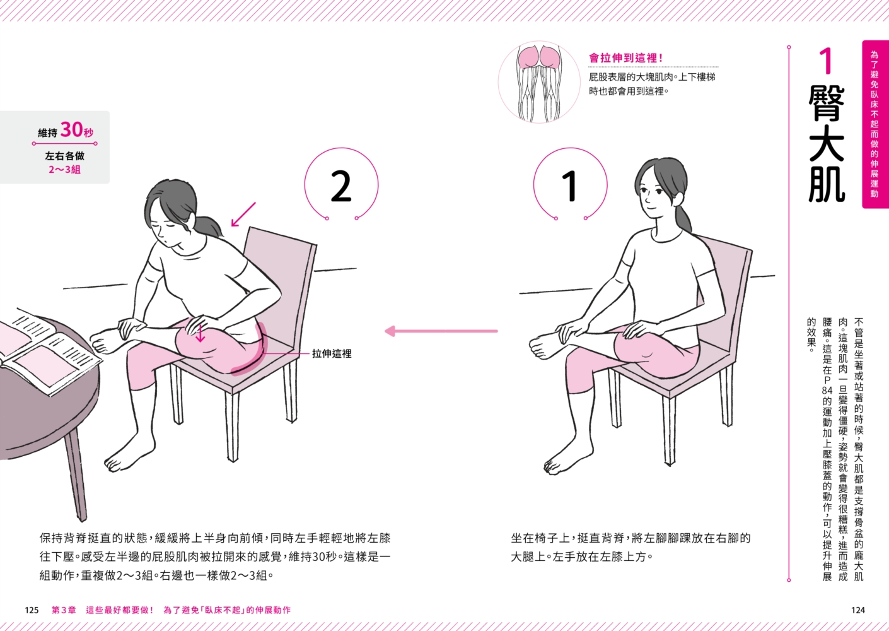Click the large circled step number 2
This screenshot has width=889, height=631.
[x=341, y=186]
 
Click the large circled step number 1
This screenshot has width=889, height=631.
[x=570, y=186]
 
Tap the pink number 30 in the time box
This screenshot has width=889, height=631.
[x=71, y=129]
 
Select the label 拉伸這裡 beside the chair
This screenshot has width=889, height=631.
[x=332, y=353]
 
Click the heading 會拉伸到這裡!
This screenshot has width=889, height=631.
[x=626, y=59]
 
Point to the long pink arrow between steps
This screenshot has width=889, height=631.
[x=441, y=331]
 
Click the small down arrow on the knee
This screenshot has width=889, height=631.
[x=200, y=334]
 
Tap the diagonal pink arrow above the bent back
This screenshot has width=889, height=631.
[x=243, y=215]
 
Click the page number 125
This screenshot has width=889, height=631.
[x=32, y=610]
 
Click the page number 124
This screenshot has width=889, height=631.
[x=858, y=610]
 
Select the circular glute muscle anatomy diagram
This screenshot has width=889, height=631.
[x=538, y=82]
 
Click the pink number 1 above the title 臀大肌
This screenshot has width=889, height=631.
[x=827, y=61]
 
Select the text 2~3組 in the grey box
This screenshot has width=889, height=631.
[x=65, y=170]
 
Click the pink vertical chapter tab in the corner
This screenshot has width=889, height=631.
[x=875, y=124]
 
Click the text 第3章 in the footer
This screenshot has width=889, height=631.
[x=64, y=610]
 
